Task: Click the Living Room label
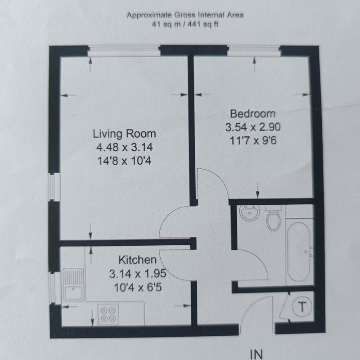[x=124, y=134]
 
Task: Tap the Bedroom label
[x=252, y=114]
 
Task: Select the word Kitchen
[x=138, y=260]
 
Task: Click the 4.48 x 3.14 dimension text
[x=125, y=147]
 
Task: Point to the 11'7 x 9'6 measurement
[x=253, y=140]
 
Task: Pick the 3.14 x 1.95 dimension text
[x=138, y=274]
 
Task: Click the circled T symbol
[x=301, y=306]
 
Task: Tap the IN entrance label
[x=256, y=355]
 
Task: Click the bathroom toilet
[x=273, y=218]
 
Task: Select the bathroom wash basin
[x=250, y=212]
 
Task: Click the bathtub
[x=298, y=252]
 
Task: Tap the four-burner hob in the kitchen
[x=108, y=314]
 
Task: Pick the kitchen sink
[x=73, y=285]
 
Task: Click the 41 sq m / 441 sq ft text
[x=185, y=24]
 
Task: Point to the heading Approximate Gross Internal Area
[x=185, y=15]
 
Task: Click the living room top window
[x=124, y=51]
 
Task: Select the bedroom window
[x=254, y=51]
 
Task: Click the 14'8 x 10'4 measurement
[x=125, y=161]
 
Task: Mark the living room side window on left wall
[x=54, y=187]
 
